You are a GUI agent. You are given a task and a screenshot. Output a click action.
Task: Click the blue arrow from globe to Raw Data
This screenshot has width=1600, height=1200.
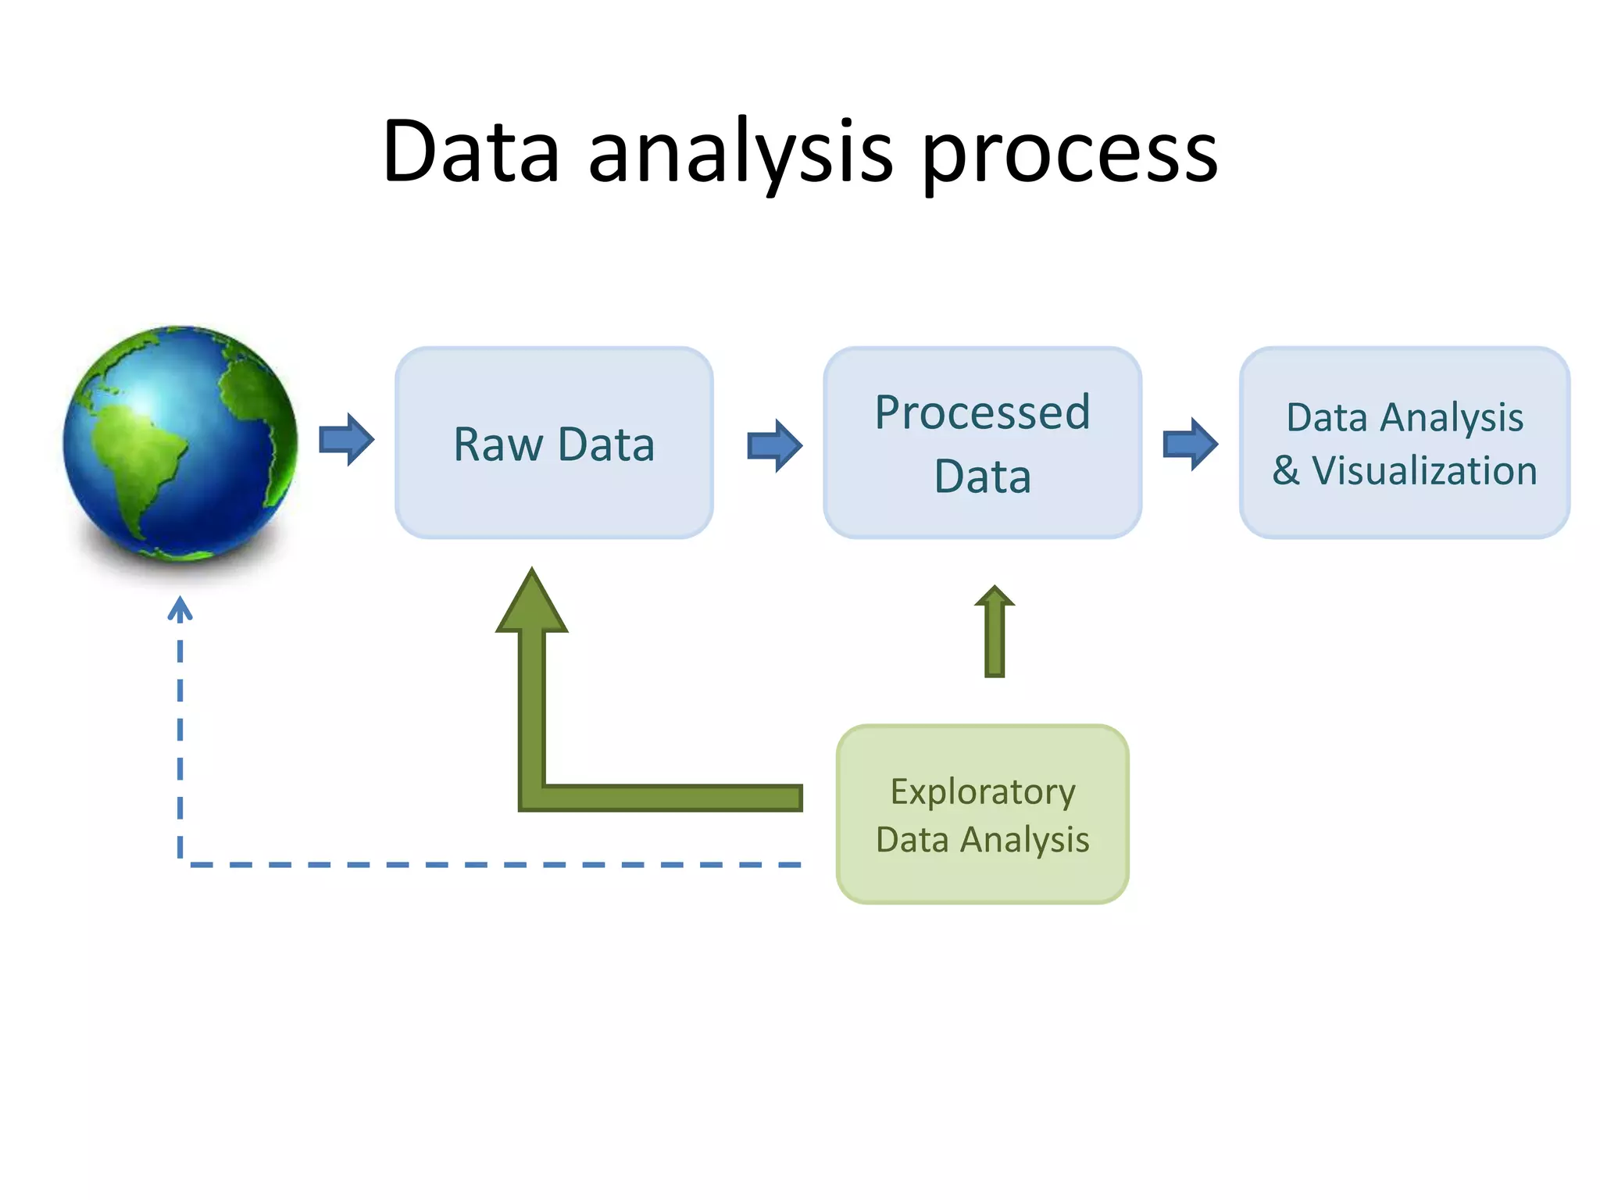coord(347,440)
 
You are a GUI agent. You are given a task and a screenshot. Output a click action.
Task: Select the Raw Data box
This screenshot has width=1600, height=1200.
coord(554,500)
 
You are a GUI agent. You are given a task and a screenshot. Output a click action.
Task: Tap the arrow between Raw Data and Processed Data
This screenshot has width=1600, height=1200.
coord(774,445)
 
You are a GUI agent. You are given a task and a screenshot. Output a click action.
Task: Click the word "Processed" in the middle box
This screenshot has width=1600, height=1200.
coord(982,412)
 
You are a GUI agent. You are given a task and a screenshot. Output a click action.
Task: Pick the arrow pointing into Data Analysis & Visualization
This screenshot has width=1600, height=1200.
coord(1190,444)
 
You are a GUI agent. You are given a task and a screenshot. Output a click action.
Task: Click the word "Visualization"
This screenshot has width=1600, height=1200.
coord(1424,471)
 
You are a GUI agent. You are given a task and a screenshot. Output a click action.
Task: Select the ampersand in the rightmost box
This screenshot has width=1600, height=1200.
coord(1286,471)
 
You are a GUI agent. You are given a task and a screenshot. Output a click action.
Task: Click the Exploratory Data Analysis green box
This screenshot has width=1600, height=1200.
coord(982,875)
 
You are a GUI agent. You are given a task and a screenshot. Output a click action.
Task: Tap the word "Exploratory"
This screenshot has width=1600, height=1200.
coord(982,792)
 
